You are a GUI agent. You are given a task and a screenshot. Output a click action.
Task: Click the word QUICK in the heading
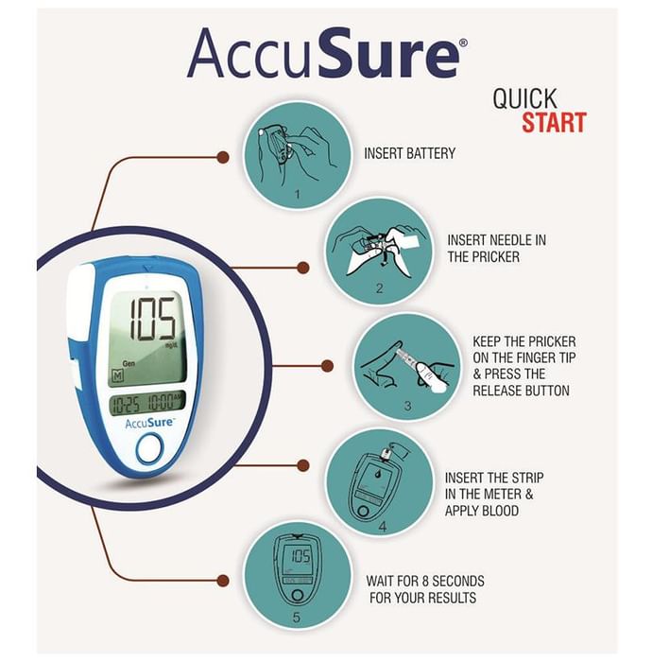(x=524, y=98)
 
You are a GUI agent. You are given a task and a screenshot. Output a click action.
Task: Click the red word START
(x=554, y=122)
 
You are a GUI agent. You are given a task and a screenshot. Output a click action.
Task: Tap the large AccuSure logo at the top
(x=327, y=54)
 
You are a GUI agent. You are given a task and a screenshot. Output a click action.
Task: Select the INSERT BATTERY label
(x=409, y=153)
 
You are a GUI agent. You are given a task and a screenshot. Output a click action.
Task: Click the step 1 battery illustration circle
(x=298, y=155)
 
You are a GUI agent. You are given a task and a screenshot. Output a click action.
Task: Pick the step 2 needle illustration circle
(x=379, y=252)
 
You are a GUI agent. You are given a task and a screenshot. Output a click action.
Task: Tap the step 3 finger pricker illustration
(x=407, y=366)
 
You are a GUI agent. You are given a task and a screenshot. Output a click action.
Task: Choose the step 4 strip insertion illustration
(x=379, y=482)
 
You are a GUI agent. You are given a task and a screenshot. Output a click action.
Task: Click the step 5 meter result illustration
(x=298, y=575)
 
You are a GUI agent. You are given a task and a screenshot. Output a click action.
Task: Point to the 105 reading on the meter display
(x=152, y=319)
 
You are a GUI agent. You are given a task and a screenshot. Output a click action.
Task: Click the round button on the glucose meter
(x=149, y=448)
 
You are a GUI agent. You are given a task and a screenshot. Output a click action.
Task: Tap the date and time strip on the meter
(x=147, y=404)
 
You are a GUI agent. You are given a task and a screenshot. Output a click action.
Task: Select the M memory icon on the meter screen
(x=117, y=375)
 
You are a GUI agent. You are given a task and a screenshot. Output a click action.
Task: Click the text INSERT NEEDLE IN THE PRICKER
(x=497, y=249)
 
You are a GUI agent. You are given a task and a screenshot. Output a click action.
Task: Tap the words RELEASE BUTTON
(x=521, y=391)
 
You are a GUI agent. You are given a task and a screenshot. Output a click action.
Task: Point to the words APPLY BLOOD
(x=482, y=511)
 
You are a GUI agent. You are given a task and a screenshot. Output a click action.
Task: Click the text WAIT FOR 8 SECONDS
(x=425, y=582)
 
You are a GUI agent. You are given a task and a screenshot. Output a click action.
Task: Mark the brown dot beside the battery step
(x=223, y=158)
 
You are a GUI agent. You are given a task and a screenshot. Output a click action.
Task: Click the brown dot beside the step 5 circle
(x=223, y=581)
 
